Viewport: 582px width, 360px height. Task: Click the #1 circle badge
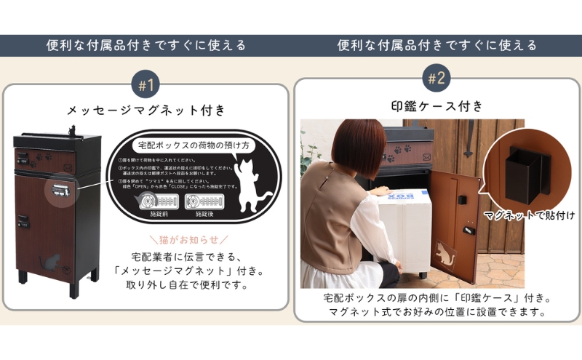click(x=146, y=84)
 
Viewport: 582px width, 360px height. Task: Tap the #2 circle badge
click(x=436, y=79)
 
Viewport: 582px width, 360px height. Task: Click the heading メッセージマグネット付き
click(x=146, y=111)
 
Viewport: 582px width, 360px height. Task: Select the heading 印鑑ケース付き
click(x=436, y=106)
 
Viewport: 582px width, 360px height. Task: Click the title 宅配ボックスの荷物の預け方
click(x=188, y=145)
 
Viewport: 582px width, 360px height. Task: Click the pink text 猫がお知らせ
click(x=188, y=239)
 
